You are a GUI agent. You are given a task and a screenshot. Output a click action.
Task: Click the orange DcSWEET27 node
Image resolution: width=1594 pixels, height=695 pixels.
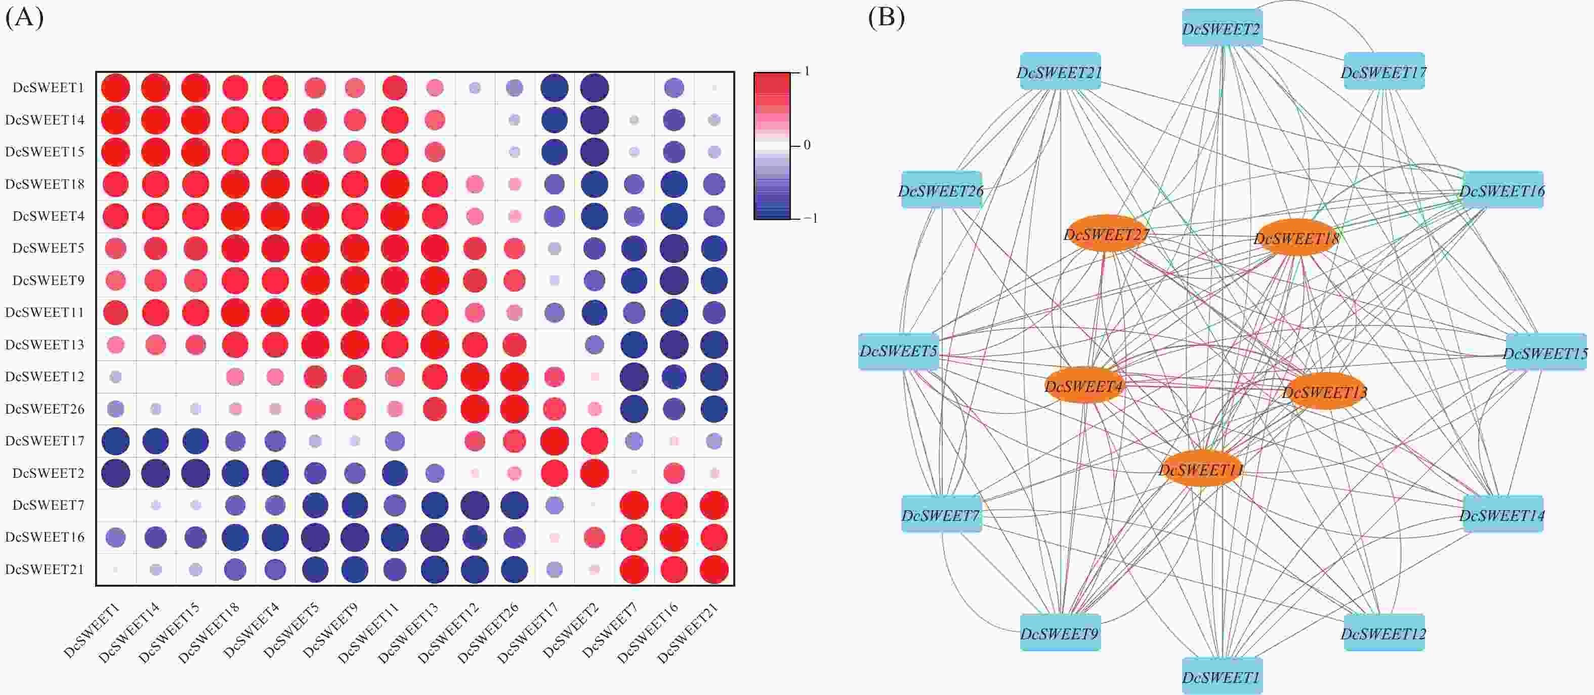1106,233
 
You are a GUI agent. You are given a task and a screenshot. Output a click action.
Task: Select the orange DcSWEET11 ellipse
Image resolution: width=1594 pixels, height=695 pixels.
1200,469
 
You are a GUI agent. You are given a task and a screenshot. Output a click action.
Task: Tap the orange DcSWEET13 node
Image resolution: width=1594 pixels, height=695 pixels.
1325,391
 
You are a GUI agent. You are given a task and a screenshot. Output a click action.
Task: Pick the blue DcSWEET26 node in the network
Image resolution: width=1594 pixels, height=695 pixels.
941,190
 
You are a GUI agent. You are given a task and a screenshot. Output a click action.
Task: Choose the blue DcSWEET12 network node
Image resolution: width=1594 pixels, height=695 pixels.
1384,633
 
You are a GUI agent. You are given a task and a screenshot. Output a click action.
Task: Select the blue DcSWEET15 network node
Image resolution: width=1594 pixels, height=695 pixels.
1546,352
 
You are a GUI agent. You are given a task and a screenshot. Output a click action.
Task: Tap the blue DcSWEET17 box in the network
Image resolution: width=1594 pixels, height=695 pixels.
1384,71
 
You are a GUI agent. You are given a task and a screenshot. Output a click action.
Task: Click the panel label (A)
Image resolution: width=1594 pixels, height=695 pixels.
24,17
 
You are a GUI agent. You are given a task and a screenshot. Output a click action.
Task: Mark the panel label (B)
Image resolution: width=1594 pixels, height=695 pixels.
886,17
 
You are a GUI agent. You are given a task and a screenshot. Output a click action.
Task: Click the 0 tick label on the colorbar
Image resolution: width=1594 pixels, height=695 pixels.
807,145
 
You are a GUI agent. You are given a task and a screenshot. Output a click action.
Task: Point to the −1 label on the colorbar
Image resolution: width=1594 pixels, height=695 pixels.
811,218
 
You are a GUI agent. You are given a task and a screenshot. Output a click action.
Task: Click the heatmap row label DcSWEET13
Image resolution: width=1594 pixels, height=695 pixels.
45,344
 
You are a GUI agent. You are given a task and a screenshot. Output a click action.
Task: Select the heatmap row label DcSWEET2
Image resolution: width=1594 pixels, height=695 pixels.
48,473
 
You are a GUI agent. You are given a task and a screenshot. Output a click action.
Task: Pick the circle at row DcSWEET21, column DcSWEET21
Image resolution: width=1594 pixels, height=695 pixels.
714,569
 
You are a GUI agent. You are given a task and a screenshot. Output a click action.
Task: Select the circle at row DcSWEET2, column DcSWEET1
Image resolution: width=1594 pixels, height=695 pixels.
116,473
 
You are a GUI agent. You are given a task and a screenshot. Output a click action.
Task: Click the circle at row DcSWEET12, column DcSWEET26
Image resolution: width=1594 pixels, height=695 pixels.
514,376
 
